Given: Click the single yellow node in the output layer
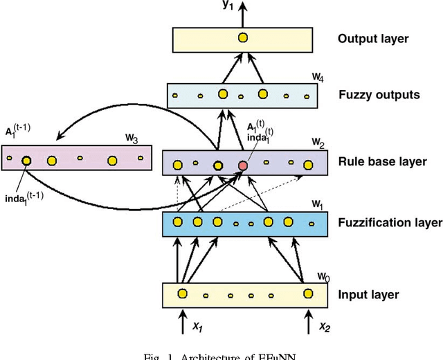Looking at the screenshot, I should [x=243, y=39].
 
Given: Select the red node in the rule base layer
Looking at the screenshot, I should [x=243, y=165].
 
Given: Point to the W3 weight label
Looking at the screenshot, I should [x=131, y=138].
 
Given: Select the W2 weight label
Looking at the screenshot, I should [x=318, y=142].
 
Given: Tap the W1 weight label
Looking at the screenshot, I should [x=318, y=204].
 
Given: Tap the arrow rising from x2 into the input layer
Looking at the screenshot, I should [x=308, y=316].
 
